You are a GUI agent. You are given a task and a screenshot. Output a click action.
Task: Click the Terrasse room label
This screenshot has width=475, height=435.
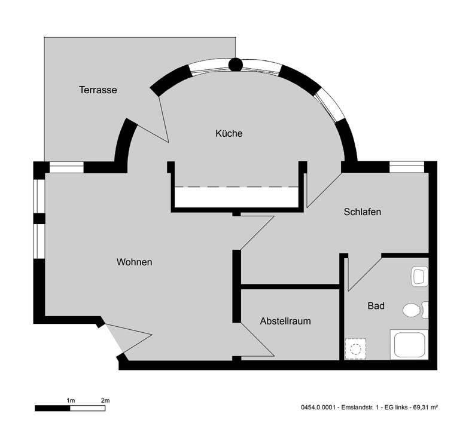[x=98, y=90]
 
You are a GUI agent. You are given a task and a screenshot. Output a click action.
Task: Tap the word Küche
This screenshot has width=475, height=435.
[x=229, y=133]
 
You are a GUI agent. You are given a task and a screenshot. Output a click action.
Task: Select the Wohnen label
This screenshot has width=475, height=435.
[x=135, y=262]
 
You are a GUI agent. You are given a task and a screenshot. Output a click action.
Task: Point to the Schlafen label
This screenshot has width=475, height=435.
[x=363, y=212]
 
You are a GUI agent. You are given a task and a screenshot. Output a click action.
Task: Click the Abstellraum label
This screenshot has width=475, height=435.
[x=285, y=321]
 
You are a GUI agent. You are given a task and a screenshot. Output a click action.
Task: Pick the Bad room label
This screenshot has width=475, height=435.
[x=376, y=306]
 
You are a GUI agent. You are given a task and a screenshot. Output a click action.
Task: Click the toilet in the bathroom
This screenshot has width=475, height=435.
[x=413, y=310]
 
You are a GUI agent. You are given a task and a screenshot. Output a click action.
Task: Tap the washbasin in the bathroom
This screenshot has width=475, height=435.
[x=420, y=276]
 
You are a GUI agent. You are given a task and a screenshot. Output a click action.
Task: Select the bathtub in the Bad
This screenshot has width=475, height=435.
[x=409, y=345]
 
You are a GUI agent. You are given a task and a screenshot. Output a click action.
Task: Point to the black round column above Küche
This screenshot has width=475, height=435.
[x=236, y=64]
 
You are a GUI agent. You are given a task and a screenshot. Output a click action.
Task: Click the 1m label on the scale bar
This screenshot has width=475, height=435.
[x=70, y=399]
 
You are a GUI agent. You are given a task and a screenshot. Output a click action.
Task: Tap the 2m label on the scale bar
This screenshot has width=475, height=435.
[x=106, y=399]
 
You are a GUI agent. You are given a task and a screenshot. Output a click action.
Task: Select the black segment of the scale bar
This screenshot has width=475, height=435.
[x=53, y=408]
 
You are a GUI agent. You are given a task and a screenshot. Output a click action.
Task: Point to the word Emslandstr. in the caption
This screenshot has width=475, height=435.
[x=354, y=408]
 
